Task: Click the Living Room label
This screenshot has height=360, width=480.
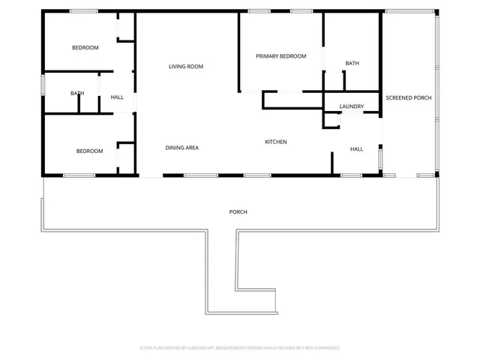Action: click(x=186, y=67)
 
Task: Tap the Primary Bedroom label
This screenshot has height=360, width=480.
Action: click(x=281, y=56)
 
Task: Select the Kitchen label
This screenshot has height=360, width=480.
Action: click(x=276, y=142)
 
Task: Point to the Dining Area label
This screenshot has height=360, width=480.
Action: click(x=181, y=148)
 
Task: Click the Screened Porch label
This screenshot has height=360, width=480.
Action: click(x=408, y=98)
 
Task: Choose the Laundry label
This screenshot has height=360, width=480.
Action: click(x=351, y=106)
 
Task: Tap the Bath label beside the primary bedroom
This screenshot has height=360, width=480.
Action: click(x=352, y=63)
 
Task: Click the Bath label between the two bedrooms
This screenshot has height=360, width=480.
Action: click(x=77, y=94)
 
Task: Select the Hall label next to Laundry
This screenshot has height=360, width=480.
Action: click(x=357, y=149)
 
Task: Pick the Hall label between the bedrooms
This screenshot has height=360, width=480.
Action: click(x=117, y=97)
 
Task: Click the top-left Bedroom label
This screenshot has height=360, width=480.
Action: click(x=85, y=48)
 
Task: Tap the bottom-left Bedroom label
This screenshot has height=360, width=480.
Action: click(x=89, y=151)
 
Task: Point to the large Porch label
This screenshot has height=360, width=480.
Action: click(x=238, y=212)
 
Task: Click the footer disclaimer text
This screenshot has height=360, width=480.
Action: click(x=240, y=348)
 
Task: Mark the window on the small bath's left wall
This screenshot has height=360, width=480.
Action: click(x=43, y=84)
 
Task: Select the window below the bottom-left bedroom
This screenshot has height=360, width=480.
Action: click(x=78, y=175)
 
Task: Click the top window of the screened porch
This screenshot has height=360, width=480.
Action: click(x=409, y=10)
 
